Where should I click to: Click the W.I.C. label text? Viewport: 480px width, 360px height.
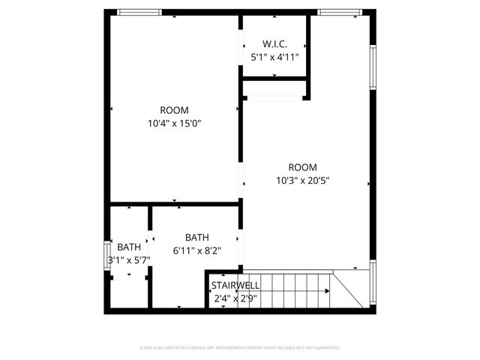point(274,43)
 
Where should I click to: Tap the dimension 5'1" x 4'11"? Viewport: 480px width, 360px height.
point(274,56)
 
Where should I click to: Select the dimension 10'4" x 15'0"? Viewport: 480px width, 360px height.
point(174,124)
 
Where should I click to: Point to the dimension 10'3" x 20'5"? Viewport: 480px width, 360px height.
point(303,180)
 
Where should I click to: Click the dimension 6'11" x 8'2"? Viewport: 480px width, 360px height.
point(197,250)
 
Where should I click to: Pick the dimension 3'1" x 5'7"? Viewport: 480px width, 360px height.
point(129,260)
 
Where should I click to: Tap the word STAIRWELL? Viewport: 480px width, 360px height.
point(235,286)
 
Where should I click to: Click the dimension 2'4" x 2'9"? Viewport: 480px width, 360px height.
point(235,298)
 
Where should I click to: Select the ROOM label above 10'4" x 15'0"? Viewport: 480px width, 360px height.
point(174,110)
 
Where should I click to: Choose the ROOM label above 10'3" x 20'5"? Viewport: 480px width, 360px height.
point(303,167)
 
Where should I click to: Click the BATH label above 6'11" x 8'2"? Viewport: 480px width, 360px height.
point(197,237)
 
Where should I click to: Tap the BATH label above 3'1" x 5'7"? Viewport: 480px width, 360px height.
point(129,247)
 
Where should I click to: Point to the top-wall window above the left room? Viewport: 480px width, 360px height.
point(139,12)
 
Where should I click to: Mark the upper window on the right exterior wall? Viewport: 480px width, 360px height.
point(372,67)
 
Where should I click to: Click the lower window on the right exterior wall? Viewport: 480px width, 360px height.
point(372,283)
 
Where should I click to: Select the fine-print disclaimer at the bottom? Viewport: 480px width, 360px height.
point(240,348)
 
